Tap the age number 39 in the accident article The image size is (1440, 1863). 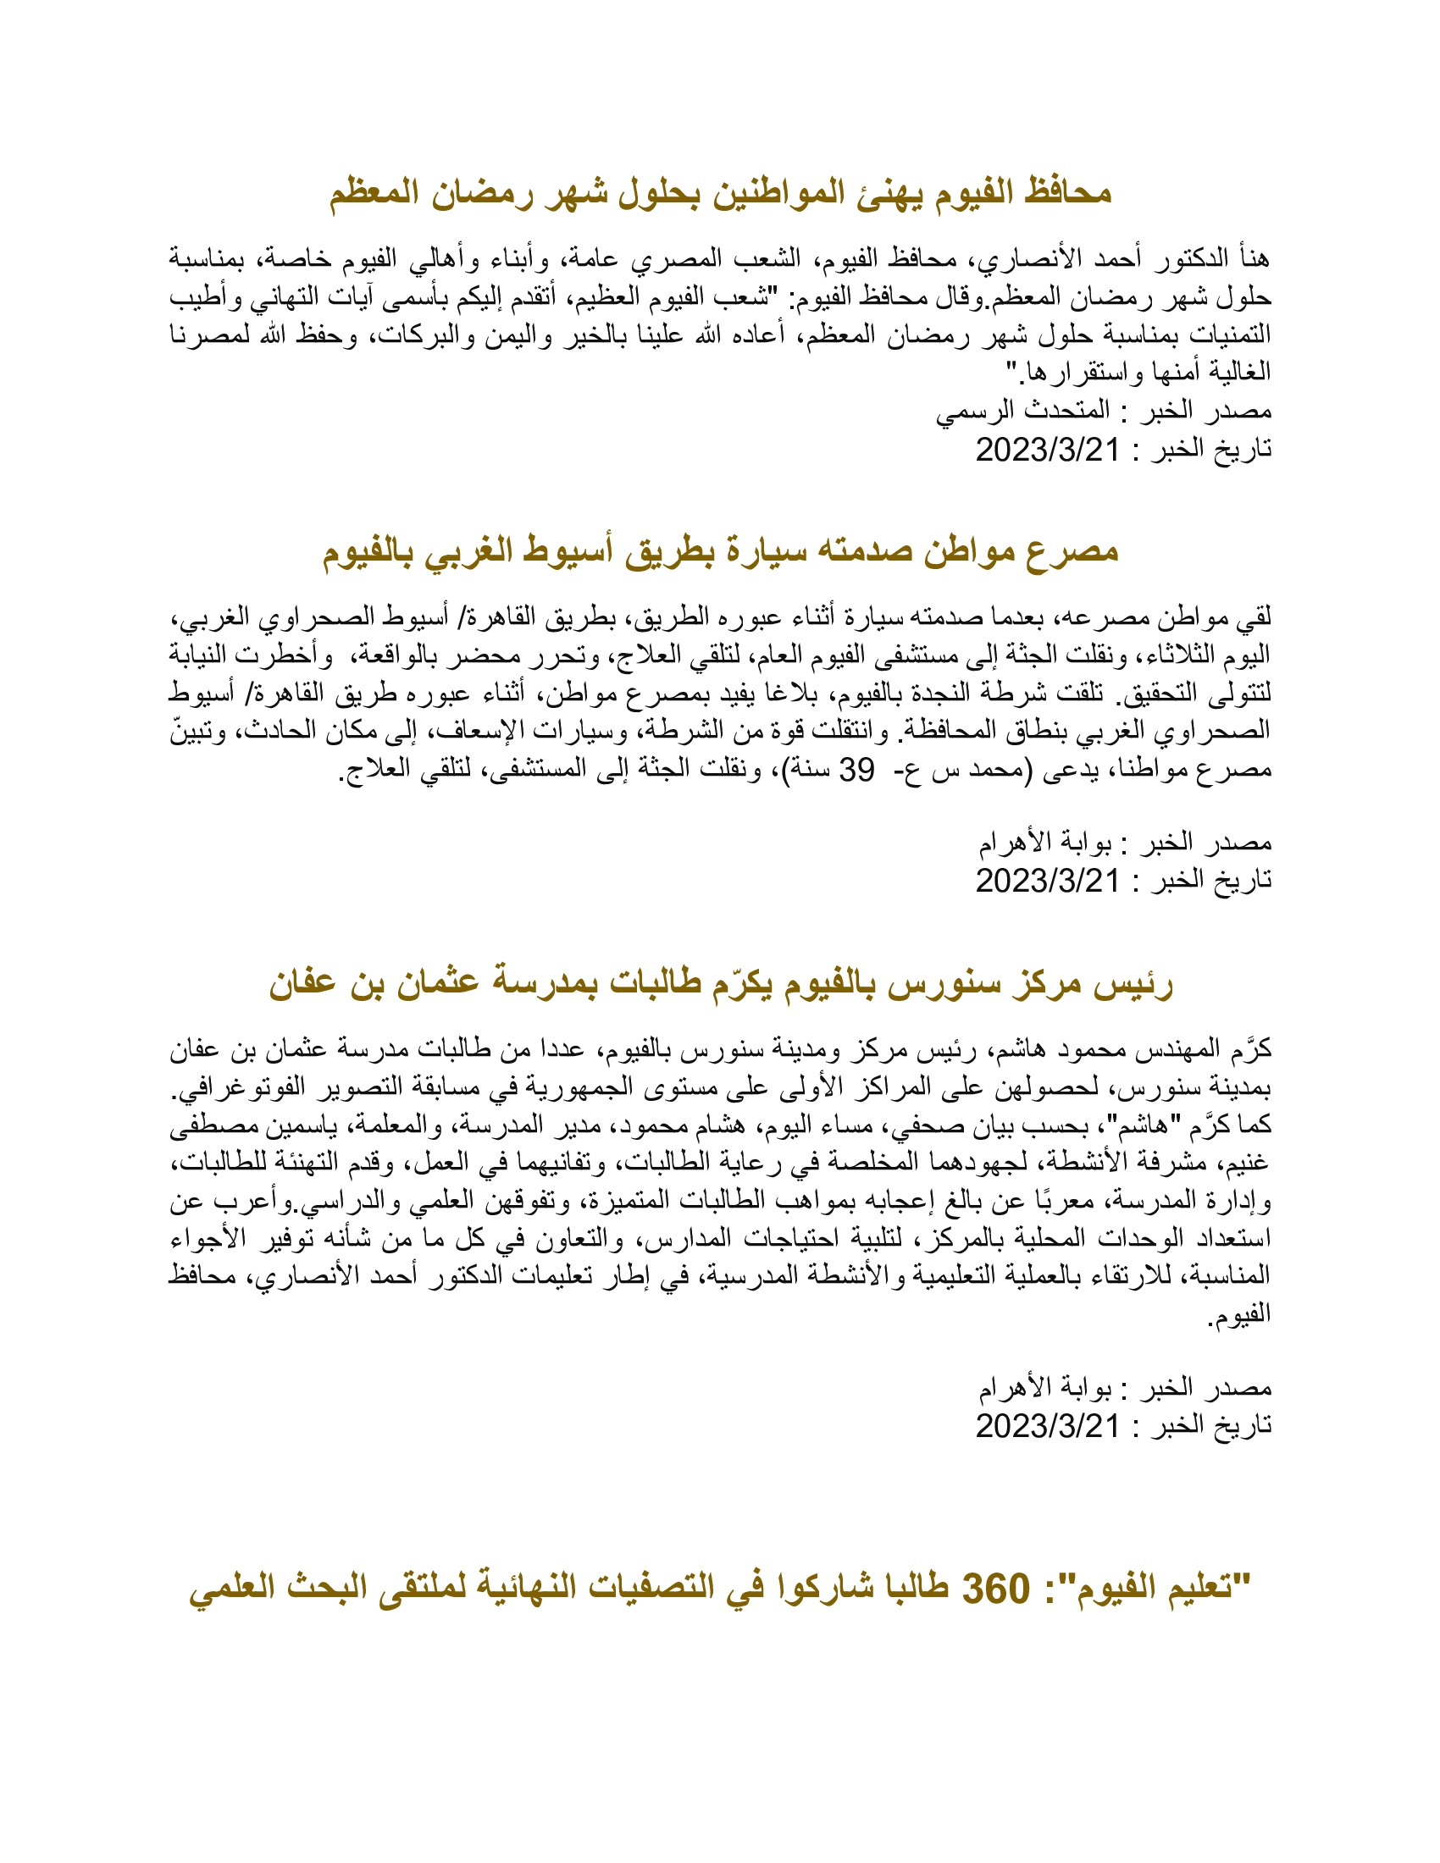tap(856, 770)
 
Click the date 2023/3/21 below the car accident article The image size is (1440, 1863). tap(1048, 881)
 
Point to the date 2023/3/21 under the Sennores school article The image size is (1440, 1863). tap(1048, 1425)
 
